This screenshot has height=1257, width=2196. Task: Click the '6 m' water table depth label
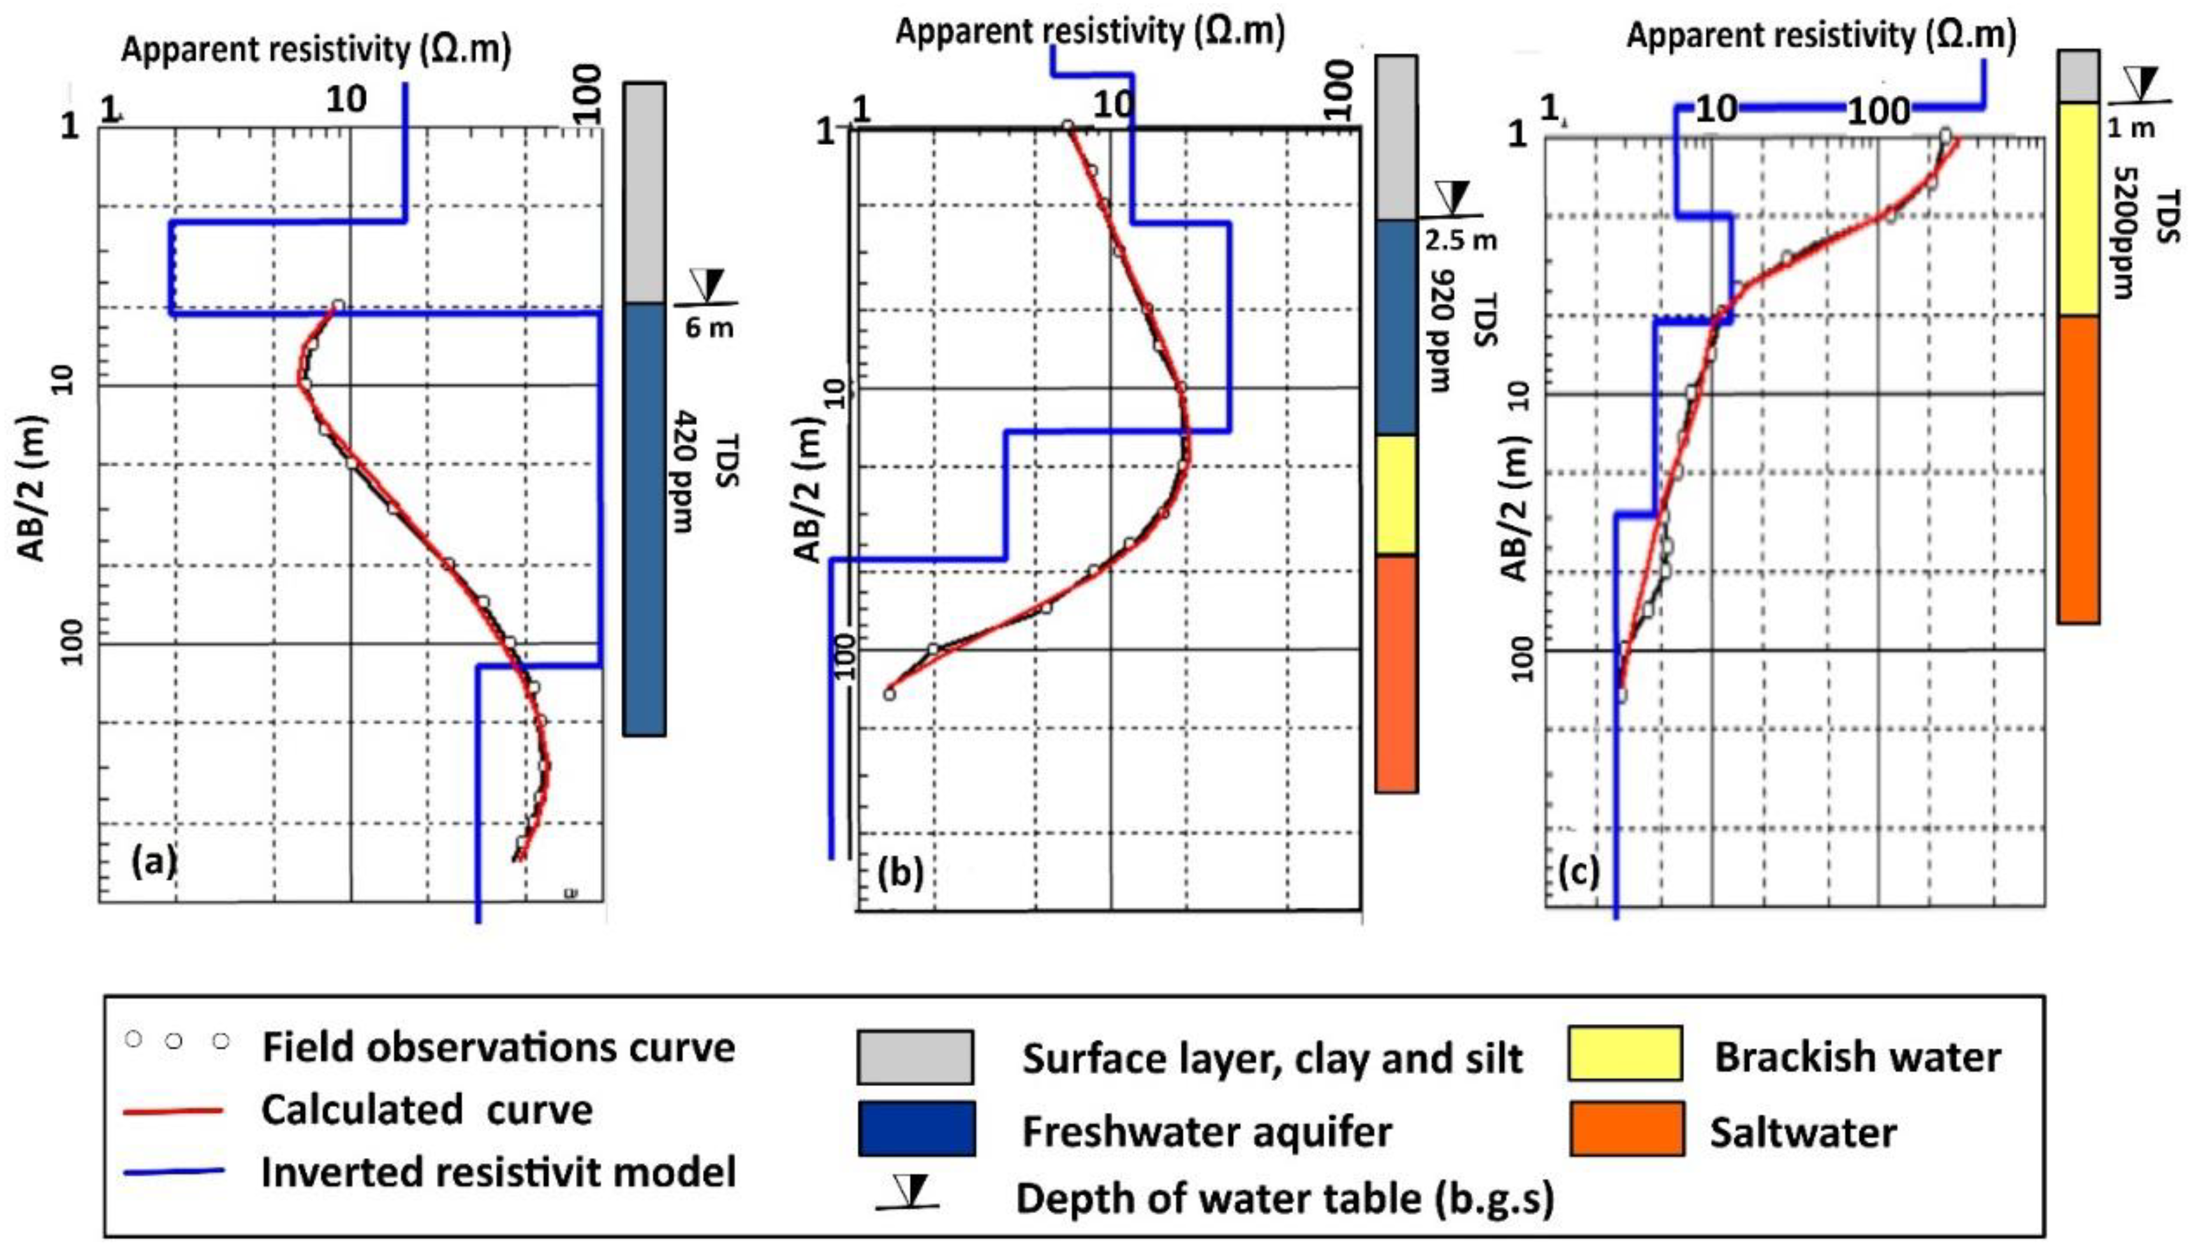[x=709, y=328]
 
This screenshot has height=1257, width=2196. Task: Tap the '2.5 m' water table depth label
[x=1460, y=240]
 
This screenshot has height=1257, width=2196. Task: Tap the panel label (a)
[x=154, y=861]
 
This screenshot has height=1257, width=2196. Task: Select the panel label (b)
[x=900, y=874]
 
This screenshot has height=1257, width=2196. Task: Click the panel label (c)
[x=1580, y=874]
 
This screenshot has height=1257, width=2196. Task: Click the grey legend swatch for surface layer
[x=915, y=1057]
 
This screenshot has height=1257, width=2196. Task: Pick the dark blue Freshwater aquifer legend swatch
[x=917, y=1128]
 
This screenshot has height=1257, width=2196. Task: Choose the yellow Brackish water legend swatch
[x=1625, y=1054]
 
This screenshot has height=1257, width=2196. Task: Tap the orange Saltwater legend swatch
[x=1626, y=1128]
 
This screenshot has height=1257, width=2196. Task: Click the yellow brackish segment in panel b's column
[x=1396, y=494]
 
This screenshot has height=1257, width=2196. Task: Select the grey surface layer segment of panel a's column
[x=644, y=191]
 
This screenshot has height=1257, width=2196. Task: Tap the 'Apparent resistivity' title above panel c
[x=1821, y=36]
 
